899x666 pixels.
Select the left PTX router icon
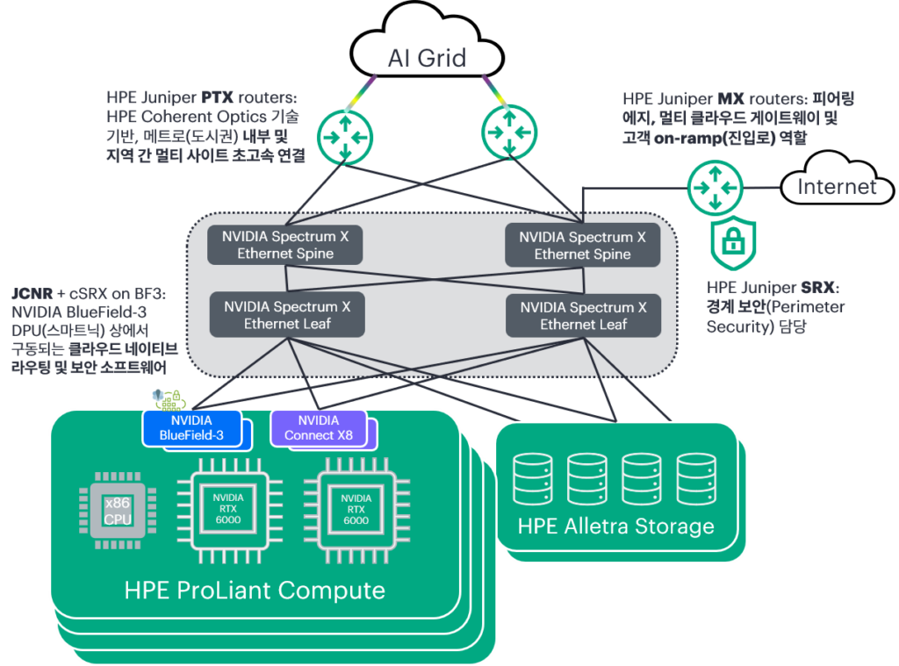coord(345,138)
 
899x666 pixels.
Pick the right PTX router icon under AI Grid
coord(509,132)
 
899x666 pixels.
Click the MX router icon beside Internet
coord(715,188)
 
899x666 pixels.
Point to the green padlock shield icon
coord(733,242)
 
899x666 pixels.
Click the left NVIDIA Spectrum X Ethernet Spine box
coord(285,245)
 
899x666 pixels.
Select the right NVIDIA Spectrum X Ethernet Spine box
coord(583,246)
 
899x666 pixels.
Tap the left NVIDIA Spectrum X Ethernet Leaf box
coord(287,315)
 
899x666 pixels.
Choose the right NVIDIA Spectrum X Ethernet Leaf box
coord(584,315)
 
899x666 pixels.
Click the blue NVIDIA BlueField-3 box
coord(191,427)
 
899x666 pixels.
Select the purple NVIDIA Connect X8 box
coord(318,427)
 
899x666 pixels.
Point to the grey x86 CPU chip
coord(118,511)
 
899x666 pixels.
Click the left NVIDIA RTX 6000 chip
coord(228,510)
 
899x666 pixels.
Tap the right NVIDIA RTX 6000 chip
coord(356,510)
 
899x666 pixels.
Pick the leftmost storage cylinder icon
coord(533,478)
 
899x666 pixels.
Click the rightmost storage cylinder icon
coord(696,478)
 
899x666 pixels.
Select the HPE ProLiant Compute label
coord(255,590)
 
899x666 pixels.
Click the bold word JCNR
coord(32,293)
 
